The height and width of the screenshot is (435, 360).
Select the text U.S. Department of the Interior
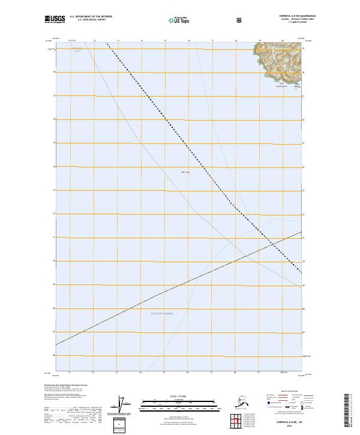tap(91, 16)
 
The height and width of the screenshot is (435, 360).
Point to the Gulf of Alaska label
tap(161, 313)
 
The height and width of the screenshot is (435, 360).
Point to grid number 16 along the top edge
tap(189, 41)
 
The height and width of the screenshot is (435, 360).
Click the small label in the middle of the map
tap(185, 172)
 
